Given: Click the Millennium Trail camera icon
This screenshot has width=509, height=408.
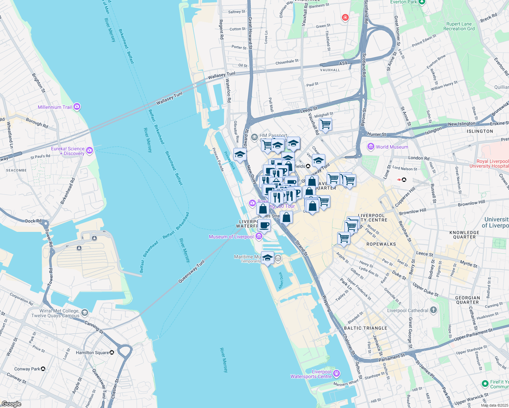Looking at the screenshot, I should [77, 107].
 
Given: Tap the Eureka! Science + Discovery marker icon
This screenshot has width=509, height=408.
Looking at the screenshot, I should [89, 151].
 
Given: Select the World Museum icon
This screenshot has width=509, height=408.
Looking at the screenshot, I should [371, 147].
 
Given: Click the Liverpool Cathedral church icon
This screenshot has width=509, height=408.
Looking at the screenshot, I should [433, 310].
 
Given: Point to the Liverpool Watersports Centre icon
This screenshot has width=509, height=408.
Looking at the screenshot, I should [336, 374].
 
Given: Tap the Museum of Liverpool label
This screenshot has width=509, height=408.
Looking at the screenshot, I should [231, 237].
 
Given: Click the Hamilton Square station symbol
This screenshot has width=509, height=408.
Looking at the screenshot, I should [112, 353].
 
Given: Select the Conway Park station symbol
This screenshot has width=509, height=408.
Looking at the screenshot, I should [43, 369].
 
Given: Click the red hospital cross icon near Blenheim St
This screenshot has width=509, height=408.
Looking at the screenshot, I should [345, 17].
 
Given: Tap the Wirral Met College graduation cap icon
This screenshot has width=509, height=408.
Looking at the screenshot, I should [84, 312].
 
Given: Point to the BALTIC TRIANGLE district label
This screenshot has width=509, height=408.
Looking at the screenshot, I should [365, 328].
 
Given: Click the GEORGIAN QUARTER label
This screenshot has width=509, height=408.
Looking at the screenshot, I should [467, 300].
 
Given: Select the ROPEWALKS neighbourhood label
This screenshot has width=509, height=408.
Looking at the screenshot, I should [381, 244].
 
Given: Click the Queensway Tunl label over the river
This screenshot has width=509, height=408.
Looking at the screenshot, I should [192, 271].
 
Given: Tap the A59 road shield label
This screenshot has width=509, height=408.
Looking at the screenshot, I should [343, 63].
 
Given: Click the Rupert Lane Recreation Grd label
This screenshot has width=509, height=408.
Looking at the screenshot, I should [459, 26].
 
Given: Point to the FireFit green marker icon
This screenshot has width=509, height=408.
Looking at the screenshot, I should [485, 384].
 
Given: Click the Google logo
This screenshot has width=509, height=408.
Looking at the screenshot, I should [11, 404].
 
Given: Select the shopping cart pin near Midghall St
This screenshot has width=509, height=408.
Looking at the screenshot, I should [326, 124].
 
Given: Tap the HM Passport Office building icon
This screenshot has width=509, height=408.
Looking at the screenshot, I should [254, 137].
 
